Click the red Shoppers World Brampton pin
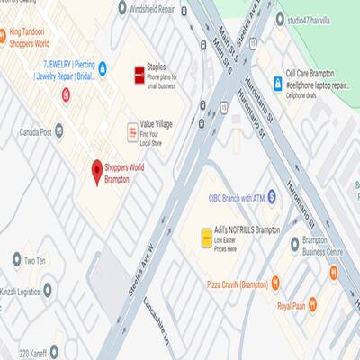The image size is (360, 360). coord(98,171)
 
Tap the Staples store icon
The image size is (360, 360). coord(139,73)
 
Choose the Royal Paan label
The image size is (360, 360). coord(293,306)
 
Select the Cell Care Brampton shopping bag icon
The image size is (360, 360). coord(277,83)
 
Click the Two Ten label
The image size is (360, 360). coord(34,261)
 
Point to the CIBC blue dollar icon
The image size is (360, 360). coord(273,197)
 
